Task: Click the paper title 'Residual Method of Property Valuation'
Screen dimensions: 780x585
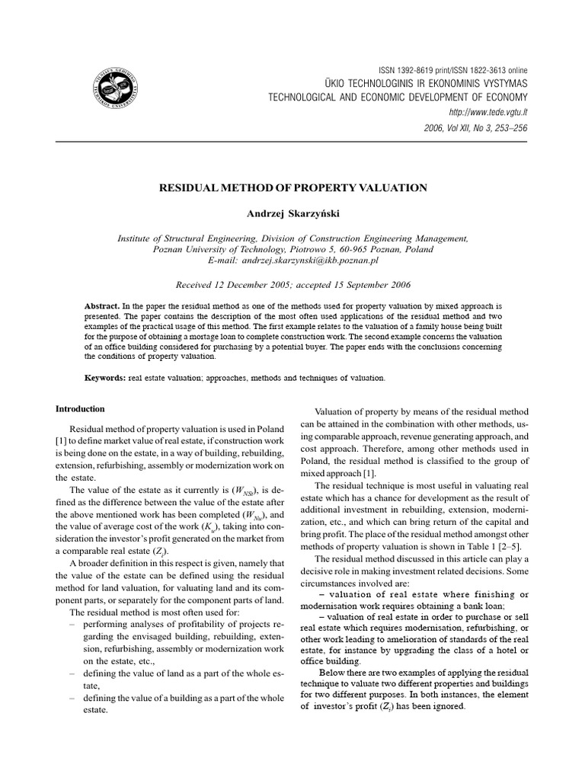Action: point(292,187)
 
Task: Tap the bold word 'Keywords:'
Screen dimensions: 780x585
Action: point(105,377)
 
